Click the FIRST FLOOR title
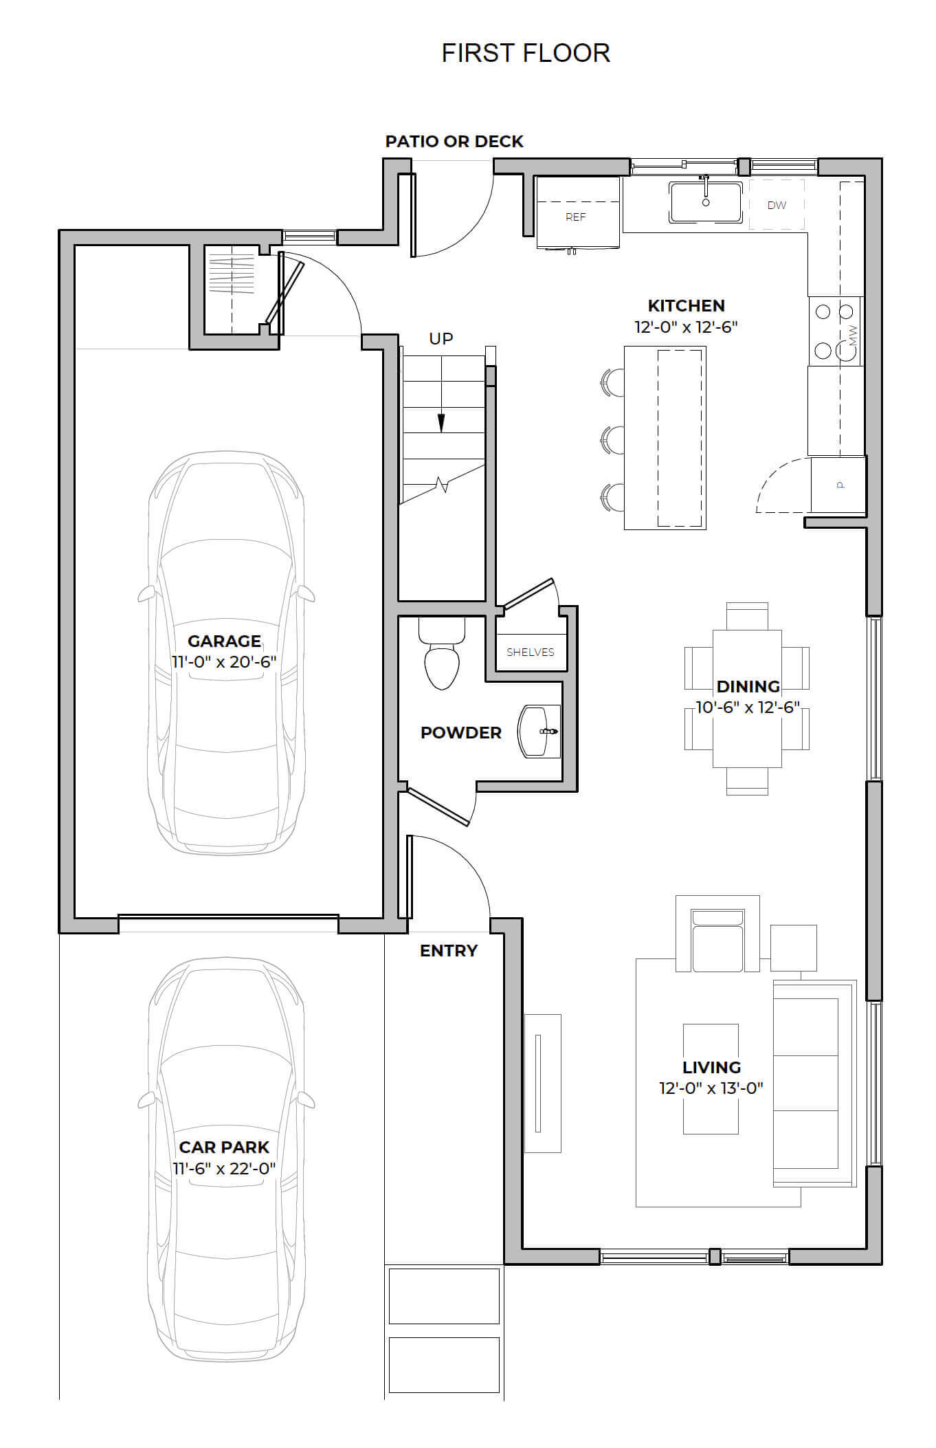click(x=526, y=53)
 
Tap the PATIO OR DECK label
click(x=454, y=142)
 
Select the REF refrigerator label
click(x=576, y=217)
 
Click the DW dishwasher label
click(x=777, y=205)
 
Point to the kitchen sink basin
click(x=706, y=202)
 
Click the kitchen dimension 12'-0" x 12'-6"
click(x=686, y=327)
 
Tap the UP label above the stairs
click(x=441, y=338)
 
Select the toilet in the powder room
click(x=441, y=654)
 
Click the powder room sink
click(x=539, y=731)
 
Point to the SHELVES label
click(x=531, y=652)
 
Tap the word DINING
click(x=748, y=686)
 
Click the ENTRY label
click(x=449, y=951)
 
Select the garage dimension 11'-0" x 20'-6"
click(x=224, y=661)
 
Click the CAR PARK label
click(x=224, y=1147)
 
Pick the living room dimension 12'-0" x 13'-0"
click(x=711, y=1088)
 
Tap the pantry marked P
click(x=838, y=485)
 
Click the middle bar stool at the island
click(x=612, y=440)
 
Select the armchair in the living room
click(x=717, y=934)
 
